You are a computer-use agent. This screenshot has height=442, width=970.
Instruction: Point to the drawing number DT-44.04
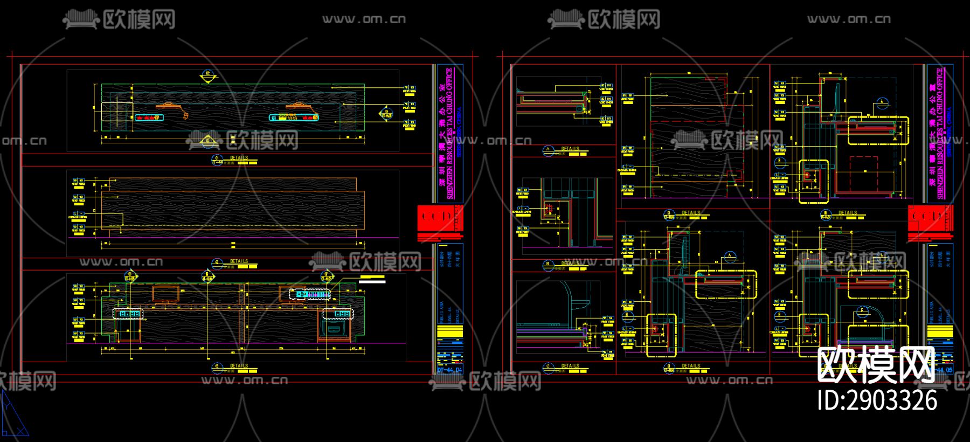pyautogui.click(x=449, y=370)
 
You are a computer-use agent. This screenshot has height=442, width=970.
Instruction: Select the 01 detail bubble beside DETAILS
pyautogui.click(x=218, y=159)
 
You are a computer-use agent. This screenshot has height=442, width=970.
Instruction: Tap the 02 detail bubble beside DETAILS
pyautogui.click(x=218, y=263)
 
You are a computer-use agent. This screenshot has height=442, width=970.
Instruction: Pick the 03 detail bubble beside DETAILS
pyautogui.click(x=218, y=367)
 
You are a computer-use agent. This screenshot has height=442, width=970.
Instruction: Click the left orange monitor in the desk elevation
pyautogui.click(x=165, y=294)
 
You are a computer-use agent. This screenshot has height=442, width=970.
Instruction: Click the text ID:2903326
pyautogui.click(x=877, y=400)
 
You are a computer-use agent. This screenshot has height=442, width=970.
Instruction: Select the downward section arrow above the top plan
pyautogui.click(x=206, y=77)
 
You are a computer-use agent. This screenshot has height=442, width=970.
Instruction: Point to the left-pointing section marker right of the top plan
pyautogui.click(x=385, y=112)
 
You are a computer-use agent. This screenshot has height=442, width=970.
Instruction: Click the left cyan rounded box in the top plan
pyautogui.click(x=148, y=117)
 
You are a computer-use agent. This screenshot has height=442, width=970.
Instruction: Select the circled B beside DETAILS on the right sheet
pyautogui.click(x=549, y=265)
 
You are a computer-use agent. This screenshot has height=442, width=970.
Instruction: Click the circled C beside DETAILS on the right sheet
pyautogui.click(x=549, y=367)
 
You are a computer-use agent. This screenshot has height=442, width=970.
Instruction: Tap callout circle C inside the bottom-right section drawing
pyautogui.click(x=862, y=310)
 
